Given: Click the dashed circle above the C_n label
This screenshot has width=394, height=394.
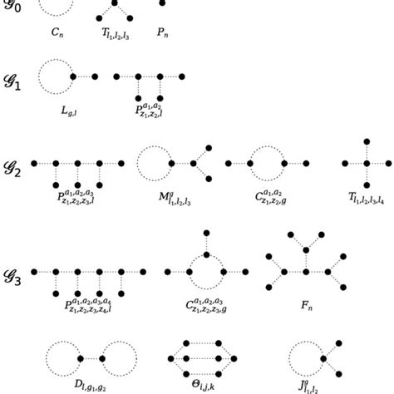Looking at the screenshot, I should tap(57, 7).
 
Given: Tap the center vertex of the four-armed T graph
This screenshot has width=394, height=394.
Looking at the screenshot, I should tap(366, 163).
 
